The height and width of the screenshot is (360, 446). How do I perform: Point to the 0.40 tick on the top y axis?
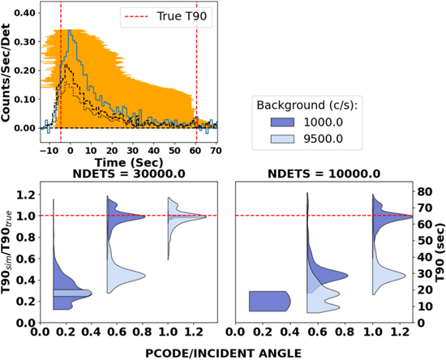coord(26,14)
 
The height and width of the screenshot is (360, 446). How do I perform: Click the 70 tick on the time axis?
coord(216,150)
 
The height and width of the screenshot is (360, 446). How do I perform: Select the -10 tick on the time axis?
coord(49,150)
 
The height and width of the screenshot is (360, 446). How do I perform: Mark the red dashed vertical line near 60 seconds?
coord(196,73)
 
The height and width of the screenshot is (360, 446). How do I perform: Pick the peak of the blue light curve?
coord(71,32)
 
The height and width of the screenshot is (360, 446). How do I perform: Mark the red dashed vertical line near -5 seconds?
coord(60,73)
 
